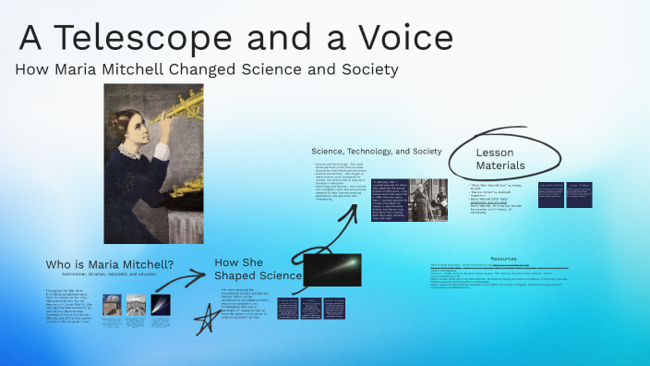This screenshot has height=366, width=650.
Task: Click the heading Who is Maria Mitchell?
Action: coord(110,264)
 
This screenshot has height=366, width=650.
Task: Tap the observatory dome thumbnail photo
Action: coord(112,305)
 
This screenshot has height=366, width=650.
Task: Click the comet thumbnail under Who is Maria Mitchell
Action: coord(160,305)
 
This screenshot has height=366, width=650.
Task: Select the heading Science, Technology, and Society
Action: coord(377,150)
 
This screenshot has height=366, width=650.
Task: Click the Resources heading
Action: coord(503,259)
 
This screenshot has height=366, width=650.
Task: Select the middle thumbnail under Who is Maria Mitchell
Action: coord(136,305)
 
